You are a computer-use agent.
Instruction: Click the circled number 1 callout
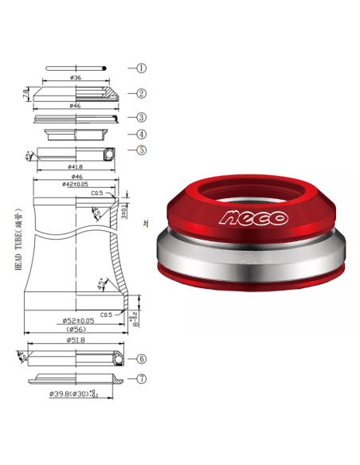point(141,68)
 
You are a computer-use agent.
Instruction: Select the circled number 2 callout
point(141,93)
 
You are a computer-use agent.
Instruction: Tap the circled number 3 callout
point(141,117)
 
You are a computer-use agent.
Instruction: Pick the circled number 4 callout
point(141,134)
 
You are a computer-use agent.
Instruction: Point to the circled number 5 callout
point(141,149)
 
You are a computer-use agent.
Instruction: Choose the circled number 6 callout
point(141,359)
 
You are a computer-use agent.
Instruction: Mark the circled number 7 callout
point(141,379)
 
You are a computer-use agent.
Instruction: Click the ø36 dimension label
point(76,77)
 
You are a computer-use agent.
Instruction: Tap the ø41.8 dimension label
point(76,167)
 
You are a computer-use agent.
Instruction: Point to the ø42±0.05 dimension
point(76,184)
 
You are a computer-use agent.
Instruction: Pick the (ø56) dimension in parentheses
point(76,330)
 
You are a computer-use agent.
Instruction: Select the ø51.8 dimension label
point(76,340)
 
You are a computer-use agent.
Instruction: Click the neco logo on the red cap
point(255,217)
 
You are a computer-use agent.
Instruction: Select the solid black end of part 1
point(106,68)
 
